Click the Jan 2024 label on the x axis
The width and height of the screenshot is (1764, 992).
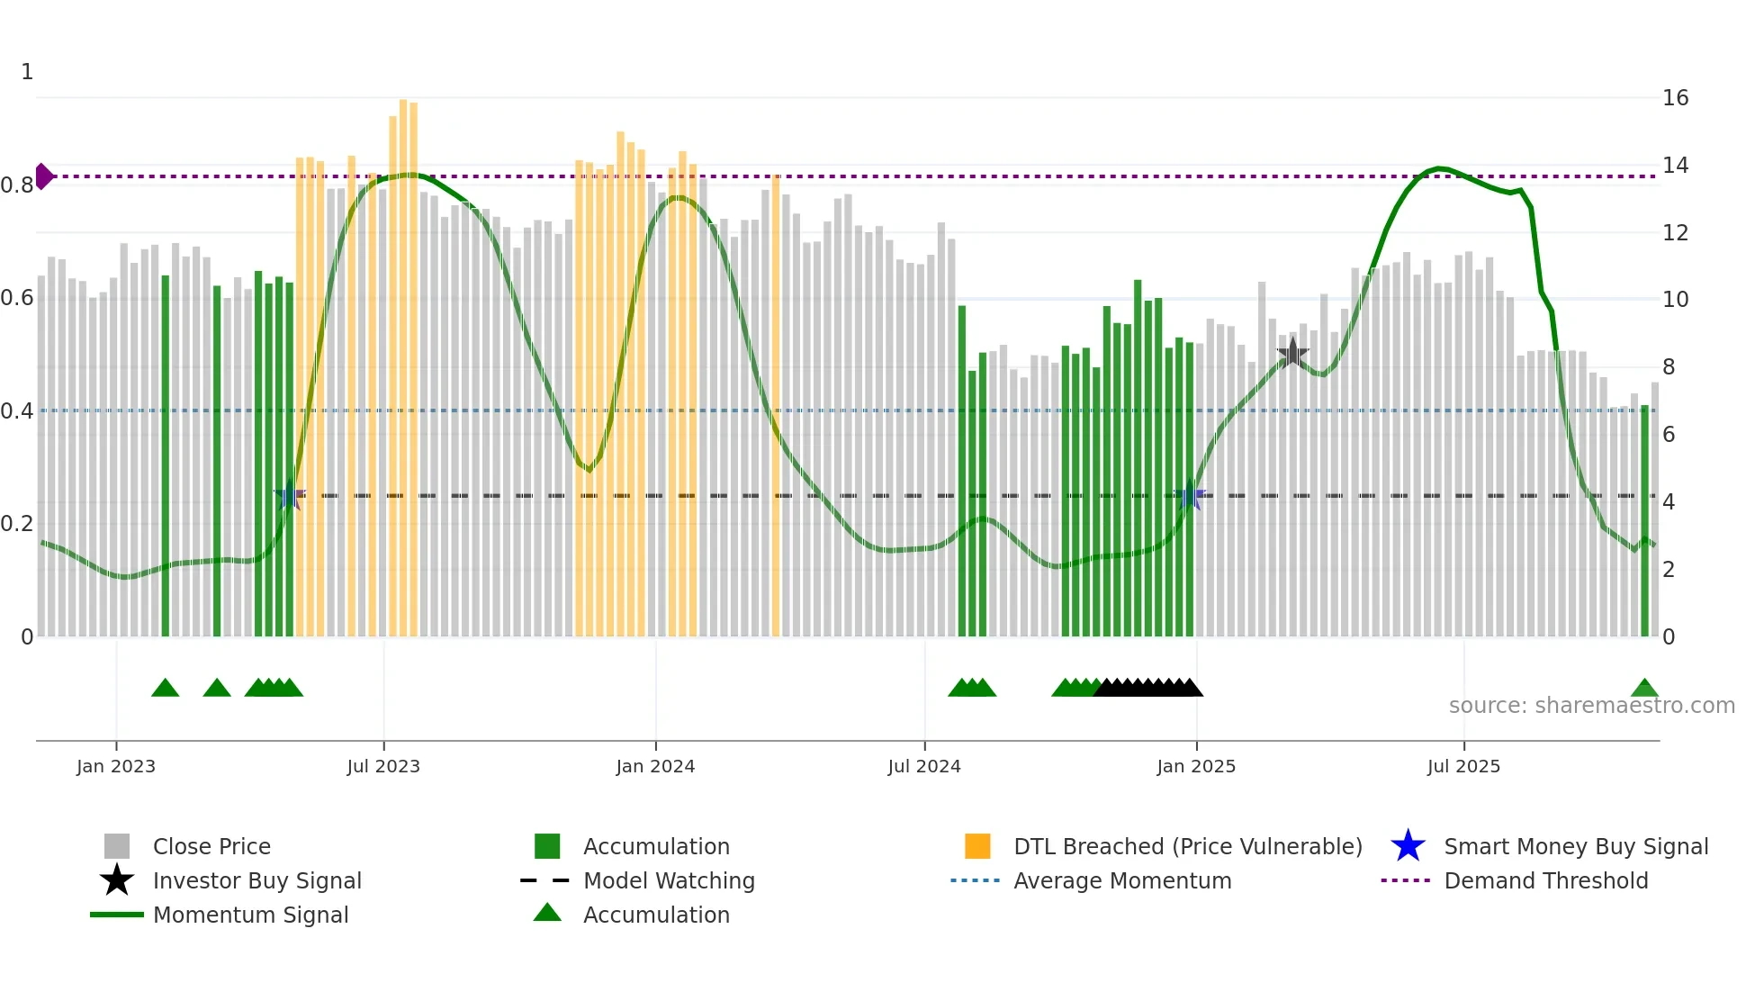(655, 766)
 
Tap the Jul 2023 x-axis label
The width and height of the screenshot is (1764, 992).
(383, 766)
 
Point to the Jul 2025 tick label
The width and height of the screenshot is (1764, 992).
(1463, 766)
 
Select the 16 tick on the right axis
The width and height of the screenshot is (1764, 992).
(1675, 98)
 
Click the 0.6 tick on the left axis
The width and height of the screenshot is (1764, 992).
(17, 298)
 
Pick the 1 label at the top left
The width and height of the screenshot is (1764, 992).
(27, 72)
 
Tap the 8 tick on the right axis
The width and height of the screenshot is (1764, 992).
(1669, 367)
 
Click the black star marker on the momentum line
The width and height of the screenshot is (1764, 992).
(1292, 353)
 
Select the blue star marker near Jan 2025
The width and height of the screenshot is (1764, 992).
(1191, 494)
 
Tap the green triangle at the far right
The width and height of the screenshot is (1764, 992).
(1644, 689)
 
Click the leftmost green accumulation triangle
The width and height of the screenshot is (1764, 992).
(166, 689)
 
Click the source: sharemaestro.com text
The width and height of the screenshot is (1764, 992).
(1591, 706)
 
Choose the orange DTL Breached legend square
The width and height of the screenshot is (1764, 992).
(977, 846)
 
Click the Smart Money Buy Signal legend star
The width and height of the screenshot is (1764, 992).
(1408, 846)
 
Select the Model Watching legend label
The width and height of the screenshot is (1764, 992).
(669, 880)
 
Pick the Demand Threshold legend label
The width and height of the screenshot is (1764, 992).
(1545, 880)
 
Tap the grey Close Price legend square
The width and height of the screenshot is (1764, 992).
(117, 846)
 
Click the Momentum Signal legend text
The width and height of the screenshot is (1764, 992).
(250, 915)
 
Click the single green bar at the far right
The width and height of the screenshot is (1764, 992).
(1644, 522)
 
